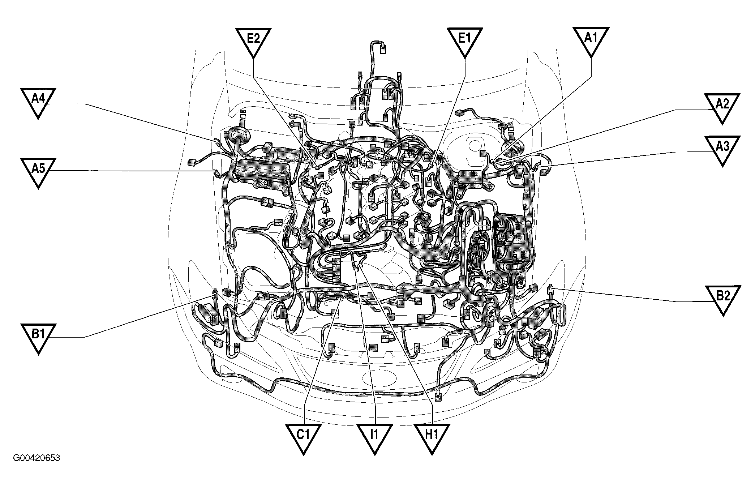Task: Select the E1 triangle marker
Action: (x=465, y=40)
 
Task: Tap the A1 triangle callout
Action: (x=591, y=40)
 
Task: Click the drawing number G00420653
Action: (x=37, y=458)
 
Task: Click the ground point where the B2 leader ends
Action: (x=550, y=288)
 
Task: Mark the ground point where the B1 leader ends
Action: (x=214, y=294)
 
